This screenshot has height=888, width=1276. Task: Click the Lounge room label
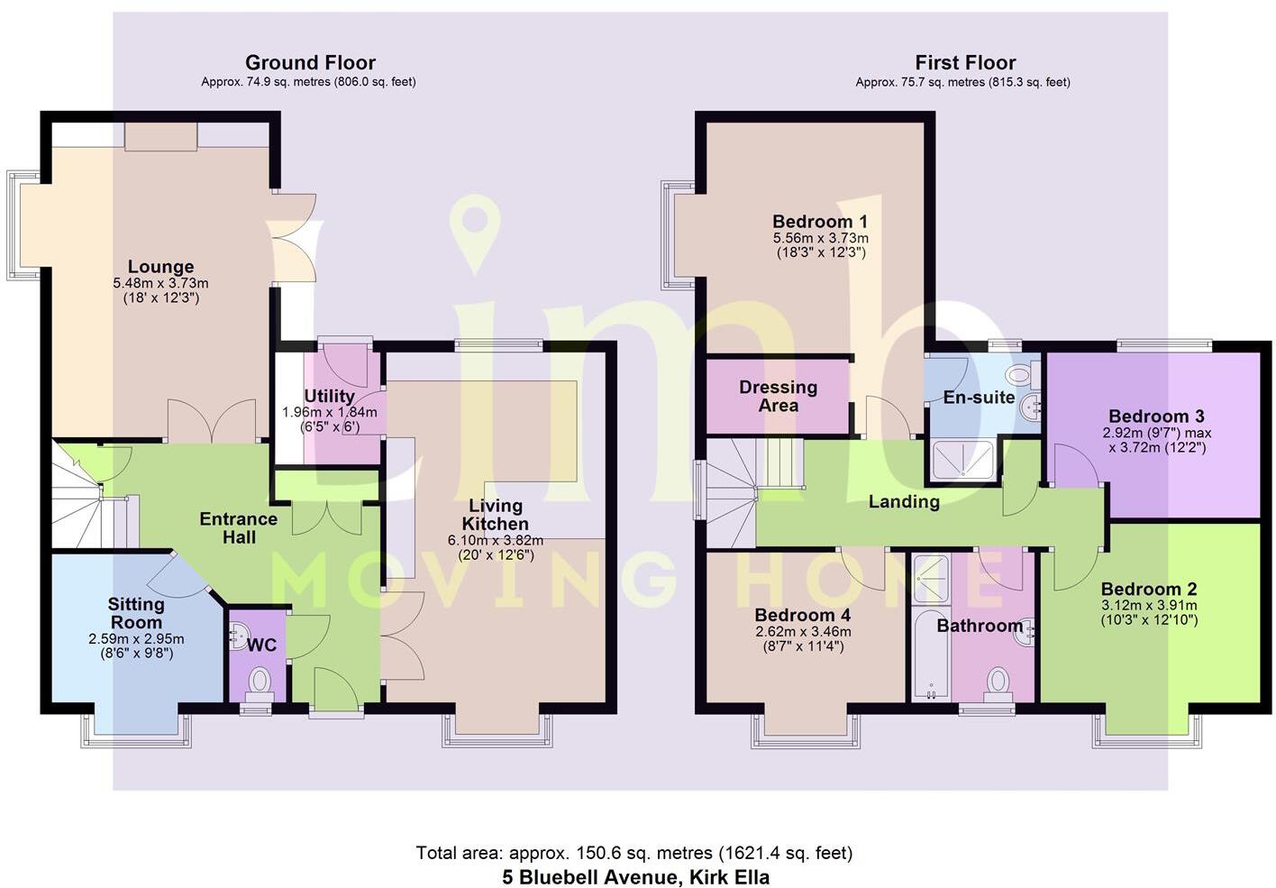pos(160,267)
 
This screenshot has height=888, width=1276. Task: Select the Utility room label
pos(329,396)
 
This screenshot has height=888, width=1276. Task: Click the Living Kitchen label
pos(495,515)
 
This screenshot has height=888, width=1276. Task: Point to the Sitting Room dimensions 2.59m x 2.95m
pos(136,639)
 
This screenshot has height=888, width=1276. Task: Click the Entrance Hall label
pos(239,528)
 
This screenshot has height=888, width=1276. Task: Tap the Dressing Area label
pos(778,396)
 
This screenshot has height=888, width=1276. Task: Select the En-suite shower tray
pos(961,460)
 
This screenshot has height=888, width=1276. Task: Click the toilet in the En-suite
pos(1019,374)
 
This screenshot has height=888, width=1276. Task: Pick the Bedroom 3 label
pos(1156,416)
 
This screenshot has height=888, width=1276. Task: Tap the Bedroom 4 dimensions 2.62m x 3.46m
pos(803,632)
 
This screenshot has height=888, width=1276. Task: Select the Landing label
pos(904,501)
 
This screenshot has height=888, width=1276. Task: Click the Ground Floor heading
pos(310,62)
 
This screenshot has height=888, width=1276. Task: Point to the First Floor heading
pos(965,62)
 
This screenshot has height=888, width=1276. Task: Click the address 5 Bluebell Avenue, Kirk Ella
pos(635,876)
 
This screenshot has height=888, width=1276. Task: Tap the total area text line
pos(633,852)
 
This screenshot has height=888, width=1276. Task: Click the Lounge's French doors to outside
pos(294,238)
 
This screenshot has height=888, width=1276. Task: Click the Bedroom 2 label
pos(1149,589)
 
